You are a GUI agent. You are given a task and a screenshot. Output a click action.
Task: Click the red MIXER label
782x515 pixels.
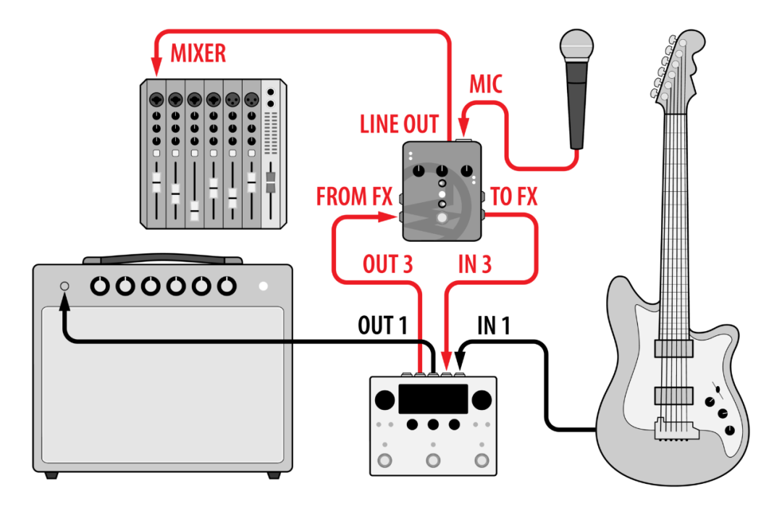pos(198,54)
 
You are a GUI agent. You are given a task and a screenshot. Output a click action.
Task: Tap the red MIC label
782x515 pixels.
pos(486,84)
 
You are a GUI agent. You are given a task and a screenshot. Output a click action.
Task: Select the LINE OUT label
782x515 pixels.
pos(400,125)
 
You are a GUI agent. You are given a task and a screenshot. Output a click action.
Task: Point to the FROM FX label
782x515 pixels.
pos(354,196)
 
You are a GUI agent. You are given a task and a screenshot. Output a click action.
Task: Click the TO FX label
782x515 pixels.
pos(513,196)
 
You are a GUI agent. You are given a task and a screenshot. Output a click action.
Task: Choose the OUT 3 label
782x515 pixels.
pos(387,264)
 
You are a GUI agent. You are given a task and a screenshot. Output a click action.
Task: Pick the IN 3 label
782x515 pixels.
pos(475,264)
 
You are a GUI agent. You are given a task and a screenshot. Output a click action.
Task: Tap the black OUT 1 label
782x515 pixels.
pos(382,325)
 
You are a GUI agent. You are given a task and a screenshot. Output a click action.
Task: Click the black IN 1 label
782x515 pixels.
pos(493,325)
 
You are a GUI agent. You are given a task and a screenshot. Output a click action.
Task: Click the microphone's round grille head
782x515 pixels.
pos(576,46)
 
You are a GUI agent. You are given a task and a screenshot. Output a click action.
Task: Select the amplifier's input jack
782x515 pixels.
pos(64,286)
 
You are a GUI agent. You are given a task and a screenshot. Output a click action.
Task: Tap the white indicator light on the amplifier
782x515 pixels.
pos(264,286)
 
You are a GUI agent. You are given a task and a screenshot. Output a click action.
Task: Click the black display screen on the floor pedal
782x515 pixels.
pos(433,398)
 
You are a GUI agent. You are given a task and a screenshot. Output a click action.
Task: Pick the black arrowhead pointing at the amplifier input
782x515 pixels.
pos(64,301)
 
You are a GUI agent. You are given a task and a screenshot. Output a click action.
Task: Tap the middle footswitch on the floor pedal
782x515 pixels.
pos(433,460)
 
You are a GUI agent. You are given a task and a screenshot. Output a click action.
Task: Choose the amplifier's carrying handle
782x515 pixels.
pos(163,259)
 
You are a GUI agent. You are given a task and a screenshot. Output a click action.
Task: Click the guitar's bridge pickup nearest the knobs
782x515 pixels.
pos(674,395)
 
